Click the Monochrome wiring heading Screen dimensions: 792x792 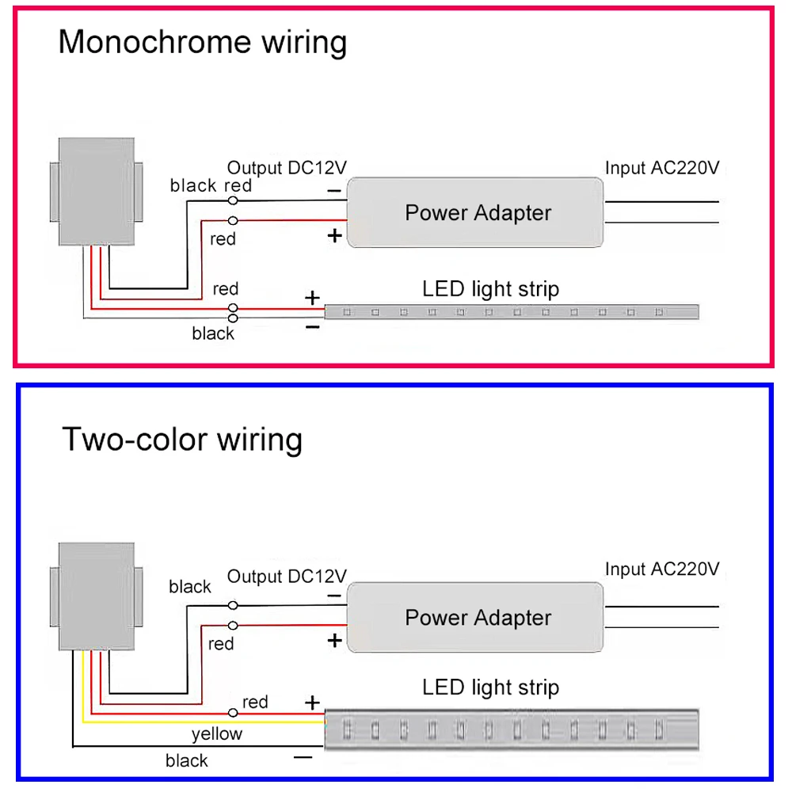pyautogui.click(x=203, y=42)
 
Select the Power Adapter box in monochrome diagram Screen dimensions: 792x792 pyautogui.click(x=477, y=212)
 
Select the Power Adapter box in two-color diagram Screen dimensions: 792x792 pyautogui.click(x=477, y=618)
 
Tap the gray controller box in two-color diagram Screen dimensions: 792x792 pyautogui.click(x=97, y=596)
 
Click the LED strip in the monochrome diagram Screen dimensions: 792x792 pyautogui.click(x=512, y=312)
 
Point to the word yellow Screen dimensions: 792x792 pyautogui.click(x=217, y=734)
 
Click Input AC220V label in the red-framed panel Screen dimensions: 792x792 pyautogui.click(x=662, y=168)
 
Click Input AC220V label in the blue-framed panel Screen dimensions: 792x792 pyautogui.click(x=662, y=569)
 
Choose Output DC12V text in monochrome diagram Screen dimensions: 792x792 pyautogui.click(x=287, y=168)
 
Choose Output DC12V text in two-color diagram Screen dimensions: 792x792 pyautogui.click(x=287, y=576)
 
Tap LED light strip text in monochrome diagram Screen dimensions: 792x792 pyautogui.click(x=490, y=289)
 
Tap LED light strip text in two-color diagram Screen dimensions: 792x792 pyautogui.click(x=490, y=687)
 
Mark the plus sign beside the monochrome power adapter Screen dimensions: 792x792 pyautogui.click(x=334, y=235)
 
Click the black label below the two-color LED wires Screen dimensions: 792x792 pyautogui.click(x=187, y=761)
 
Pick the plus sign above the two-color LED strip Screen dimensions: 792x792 pyautogui.click(x=313, y=703)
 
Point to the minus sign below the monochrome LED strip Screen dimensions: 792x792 pyautogui.click(x=313, y=326)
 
